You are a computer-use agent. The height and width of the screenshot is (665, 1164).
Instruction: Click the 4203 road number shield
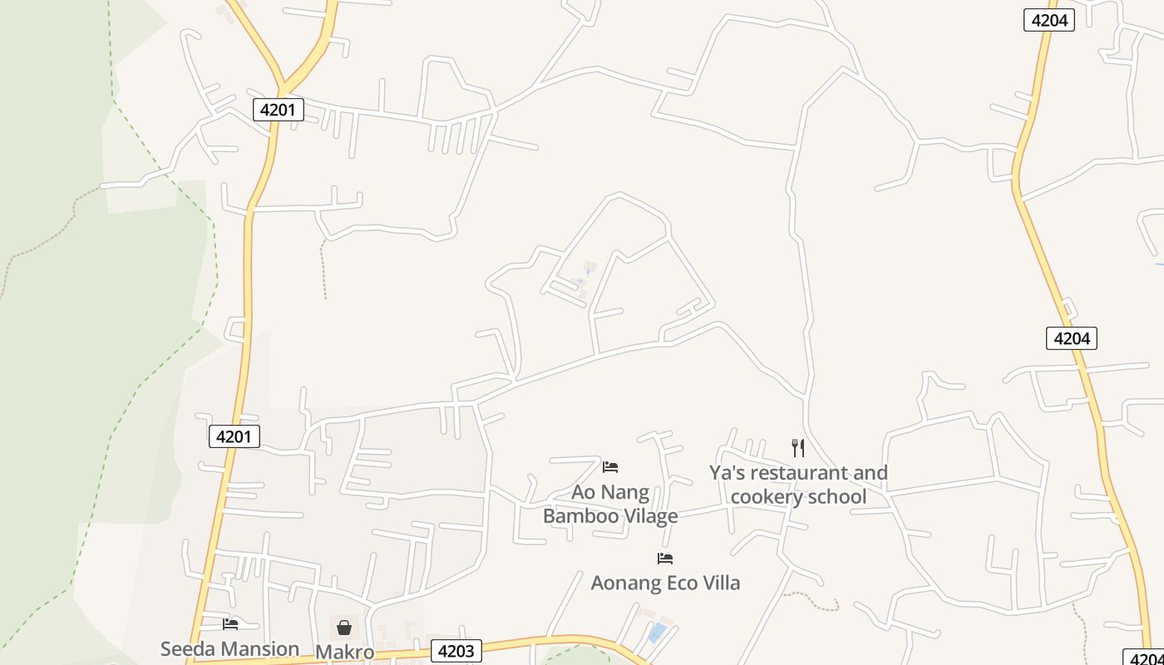point(455,652)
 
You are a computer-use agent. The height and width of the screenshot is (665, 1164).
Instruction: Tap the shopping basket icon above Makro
point(344,627)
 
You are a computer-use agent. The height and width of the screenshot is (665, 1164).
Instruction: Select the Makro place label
point(344,652)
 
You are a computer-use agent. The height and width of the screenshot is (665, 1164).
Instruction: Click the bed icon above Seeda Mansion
point(230,623)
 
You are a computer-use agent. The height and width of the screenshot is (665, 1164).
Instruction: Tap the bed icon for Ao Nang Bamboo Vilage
point(610,466)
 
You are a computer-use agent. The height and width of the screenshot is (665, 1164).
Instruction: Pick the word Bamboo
point(580,516)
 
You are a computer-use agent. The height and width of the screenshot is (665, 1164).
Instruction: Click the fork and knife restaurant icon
point(798,448)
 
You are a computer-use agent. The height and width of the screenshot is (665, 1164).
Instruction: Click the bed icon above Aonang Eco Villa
point(664,558)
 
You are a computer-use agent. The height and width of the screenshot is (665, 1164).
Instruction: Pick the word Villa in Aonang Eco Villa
point(719,583)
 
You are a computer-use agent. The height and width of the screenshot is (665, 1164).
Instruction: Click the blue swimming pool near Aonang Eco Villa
point(657,633)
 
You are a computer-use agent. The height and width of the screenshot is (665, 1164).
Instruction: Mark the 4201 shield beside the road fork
point(278,109)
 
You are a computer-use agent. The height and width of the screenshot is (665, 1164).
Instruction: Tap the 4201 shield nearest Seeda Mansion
point(234,436)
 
